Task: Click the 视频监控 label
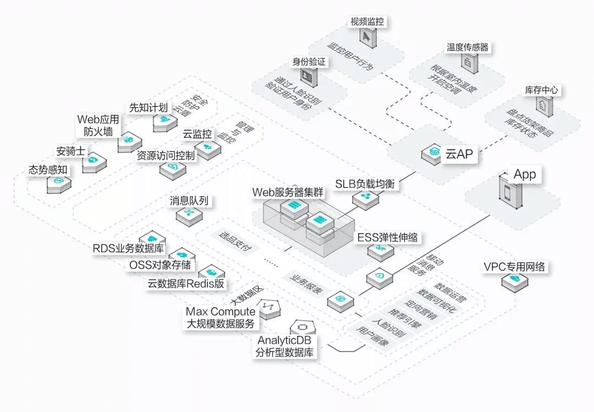(x=367, y=22)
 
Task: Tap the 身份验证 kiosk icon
(x=310, y=78)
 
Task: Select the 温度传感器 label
(x=468, y=48)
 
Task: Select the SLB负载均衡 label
(x=367, y=183)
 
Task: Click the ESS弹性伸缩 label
(x=387, y=237)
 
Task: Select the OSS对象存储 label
(x=160, y=265)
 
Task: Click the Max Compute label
(x=220, y=312)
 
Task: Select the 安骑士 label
(x=70, y=150)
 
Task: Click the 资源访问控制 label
(x=166, y=155)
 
